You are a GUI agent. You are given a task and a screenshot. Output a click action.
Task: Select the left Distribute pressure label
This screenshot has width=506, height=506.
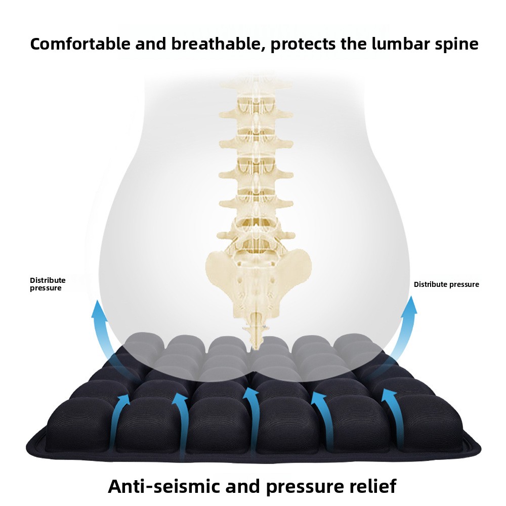coord(48,284)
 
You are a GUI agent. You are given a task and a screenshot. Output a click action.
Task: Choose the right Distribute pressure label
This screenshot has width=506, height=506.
coord(446,284)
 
